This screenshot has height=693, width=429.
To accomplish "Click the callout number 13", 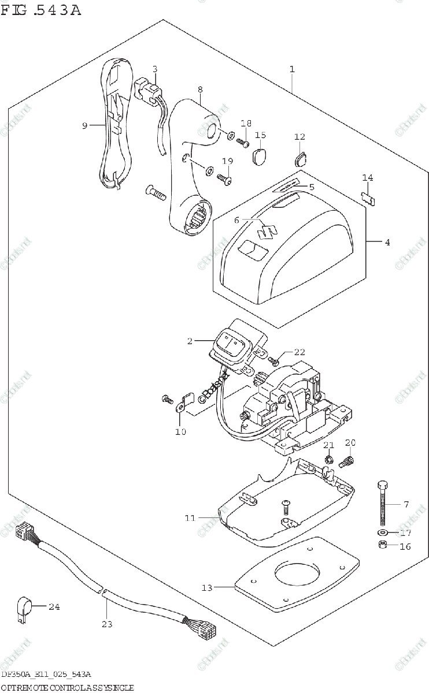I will coord(207,588).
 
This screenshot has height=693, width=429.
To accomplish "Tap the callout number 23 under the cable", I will coord(107,624).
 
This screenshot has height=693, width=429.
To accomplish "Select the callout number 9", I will coord(85,125).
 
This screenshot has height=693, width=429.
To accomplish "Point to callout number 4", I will coord(387,243).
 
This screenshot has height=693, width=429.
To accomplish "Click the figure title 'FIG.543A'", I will coord(41,10).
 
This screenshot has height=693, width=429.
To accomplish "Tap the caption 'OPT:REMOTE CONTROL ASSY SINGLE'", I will coord(68,687).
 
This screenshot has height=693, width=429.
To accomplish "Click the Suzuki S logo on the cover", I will coord(267,230).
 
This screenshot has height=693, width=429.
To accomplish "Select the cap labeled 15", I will coord(260,155).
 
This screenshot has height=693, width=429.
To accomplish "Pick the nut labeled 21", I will coord(327,460).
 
